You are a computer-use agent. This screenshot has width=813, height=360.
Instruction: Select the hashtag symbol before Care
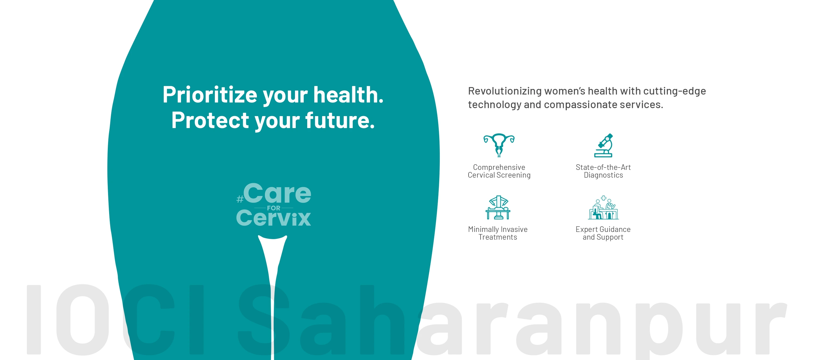(240, 199)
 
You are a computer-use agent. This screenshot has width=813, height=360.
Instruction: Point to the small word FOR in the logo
(274, 208)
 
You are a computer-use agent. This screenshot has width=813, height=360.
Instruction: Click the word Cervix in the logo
(274, 218)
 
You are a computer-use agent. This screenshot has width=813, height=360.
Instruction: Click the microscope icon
(603, 145)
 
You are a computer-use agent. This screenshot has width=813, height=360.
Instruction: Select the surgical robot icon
(498, 207)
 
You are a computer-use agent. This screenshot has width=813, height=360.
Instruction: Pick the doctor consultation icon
(603, 207)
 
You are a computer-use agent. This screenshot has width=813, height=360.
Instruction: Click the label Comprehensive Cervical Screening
(499, 171)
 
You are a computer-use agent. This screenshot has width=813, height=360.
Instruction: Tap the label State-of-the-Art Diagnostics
(603, 171)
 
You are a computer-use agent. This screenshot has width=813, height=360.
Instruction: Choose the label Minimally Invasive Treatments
(498, 233)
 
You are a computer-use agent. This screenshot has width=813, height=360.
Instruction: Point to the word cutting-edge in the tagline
(675, 91)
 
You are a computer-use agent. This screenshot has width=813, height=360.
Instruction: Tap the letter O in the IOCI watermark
(83, 320)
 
